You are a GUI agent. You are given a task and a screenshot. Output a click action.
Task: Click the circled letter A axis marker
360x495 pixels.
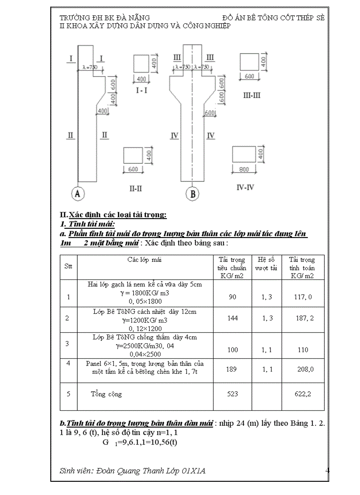(x=78, y=193)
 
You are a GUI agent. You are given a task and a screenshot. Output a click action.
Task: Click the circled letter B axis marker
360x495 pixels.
(x=192, y=193)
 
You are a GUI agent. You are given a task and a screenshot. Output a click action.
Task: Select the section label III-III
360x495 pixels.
(x=252, y=95)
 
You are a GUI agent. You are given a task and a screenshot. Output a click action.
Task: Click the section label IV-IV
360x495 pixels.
(x=245, y=187)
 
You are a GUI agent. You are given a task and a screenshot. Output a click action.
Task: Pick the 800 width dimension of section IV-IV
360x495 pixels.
(x=244, y=169)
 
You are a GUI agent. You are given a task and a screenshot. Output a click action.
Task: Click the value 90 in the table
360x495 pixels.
(x=232, y=297)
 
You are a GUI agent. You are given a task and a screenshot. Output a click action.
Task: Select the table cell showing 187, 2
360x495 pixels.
(x=304, y=318)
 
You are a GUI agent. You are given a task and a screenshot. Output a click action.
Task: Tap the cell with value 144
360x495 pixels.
(x=232, y=318)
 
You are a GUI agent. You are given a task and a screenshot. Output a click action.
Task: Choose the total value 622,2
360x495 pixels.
(x=303, y=394)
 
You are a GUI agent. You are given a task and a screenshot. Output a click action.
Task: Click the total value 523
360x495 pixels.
(x=232, y=394)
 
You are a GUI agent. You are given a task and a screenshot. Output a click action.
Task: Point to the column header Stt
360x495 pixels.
(x=68, y=266)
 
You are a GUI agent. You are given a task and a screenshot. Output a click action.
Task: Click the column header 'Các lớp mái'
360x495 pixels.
(x=145, y=260)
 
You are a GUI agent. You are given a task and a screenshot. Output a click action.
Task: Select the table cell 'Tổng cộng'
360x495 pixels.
(x=106, y=394)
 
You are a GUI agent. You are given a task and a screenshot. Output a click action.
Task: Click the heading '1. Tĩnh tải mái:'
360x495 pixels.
(x=84, y=224)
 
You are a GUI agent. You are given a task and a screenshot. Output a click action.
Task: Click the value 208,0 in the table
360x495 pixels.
(x=305, y=369)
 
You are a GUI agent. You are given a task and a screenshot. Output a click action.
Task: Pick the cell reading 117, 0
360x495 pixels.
(x=303, y=297)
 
